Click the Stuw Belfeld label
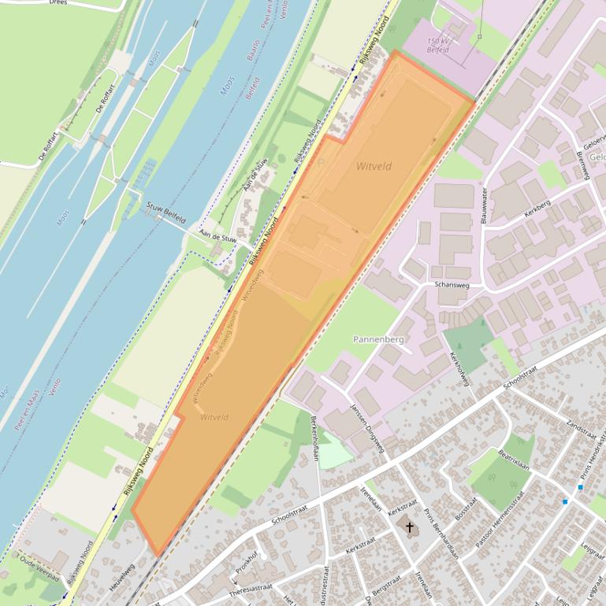(165, 212)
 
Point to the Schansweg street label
(452, 284)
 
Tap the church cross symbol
(409, 526)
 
